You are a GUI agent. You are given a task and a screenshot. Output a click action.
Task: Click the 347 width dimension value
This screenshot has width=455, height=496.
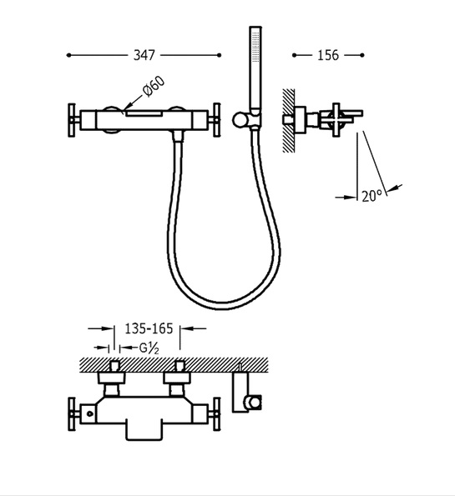pos(144,55)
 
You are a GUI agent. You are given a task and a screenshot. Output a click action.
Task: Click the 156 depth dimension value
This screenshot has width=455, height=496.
pos(328,55)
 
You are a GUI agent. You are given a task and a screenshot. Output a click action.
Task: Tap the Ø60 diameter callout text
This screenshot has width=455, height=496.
pos(154,86)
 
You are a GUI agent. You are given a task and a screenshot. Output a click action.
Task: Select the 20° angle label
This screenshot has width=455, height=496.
pos(372,196)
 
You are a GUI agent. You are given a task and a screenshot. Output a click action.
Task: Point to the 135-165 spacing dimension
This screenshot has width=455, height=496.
pos(149,328)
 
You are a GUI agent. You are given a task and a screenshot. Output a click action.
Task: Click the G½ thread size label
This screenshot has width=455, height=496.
pos(149,348)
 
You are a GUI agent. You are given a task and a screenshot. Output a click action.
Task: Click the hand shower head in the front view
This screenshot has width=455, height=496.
pos(255,68)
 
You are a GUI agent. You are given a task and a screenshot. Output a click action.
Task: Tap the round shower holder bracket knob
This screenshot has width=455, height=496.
pos(240,120)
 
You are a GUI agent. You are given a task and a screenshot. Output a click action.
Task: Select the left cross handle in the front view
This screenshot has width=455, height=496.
pos(73,120)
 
